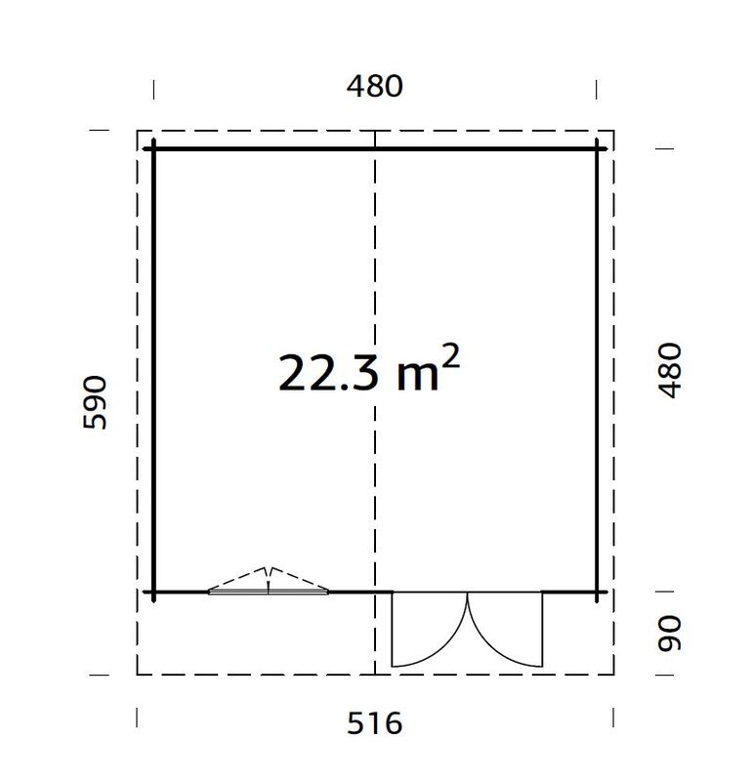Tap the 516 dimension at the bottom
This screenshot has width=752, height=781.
click(x=375, y=723)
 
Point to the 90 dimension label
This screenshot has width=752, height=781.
click(x=670, y=634)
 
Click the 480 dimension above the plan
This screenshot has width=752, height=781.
click(x=375, y=86)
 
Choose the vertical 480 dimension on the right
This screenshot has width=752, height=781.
click(x=670, y=369)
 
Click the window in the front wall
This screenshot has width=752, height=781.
click(x=269, y=590)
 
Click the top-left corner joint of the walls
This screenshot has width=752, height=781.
click(x=154, y=148)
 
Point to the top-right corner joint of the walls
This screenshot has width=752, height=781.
click(x=597, y=148)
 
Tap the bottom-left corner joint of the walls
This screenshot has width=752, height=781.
click(x=154, y=592)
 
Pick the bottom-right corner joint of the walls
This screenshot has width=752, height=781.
click(x=597, y=592)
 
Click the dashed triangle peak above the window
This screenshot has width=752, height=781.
click(x=269, y=567)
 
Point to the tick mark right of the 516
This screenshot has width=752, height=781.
click(x=612, y=718)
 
